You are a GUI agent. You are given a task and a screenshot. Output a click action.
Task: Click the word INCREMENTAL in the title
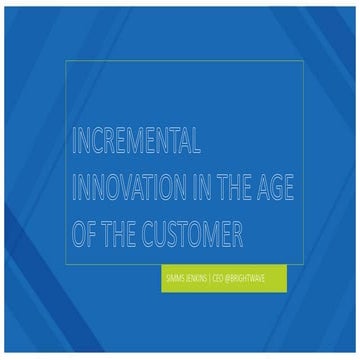137,142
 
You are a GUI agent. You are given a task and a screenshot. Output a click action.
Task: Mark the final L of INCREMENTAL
199,142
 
